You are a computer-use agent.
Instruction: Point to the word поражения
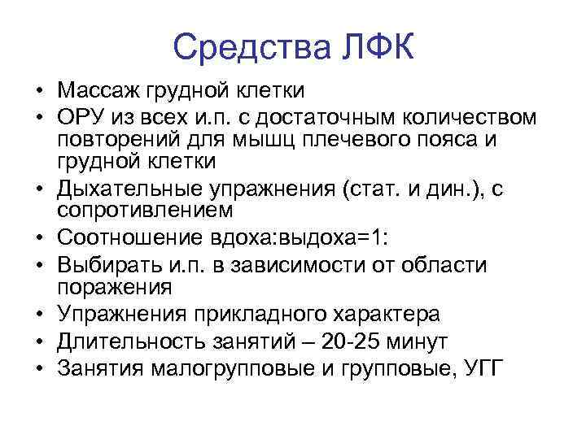114,286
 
